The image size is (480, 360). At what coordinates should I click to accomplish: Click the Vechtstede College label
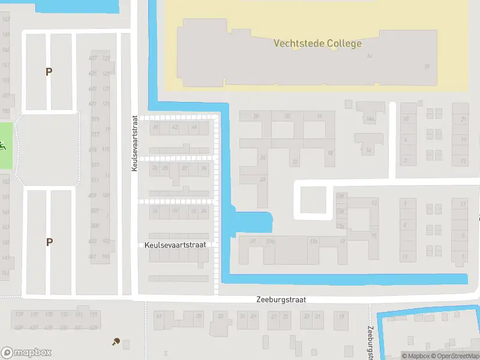(x=317, y=43)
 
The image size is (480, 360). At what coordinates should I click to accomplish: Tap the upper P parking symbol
(x=49, y=72)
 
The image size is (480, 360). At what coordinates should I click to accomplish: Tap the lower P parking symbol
(x=49, y=242)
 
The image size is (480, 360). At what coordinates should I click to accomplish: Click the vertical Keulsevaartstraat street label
(x=135, y=143)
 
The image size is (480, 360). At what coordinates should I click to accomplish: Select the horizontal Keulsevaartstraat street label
(x=175, y=245)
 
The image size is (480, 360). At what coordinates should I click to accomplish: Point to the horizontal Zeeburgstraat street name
(x=281, y=299)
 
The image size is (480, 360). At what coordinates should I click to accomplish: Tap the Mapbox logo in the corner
(x=26, y=353)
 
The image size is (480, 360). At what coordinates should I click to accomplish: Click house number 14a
(x=370, y=120)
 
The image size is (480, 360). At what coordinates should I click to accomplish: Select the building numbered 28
(x=256, y=116)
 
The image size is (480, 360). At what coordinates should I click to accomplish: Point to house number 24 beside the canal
(x=263, y=179)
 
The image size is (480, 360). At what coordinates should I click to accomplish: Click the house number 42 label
(x=175, y=127)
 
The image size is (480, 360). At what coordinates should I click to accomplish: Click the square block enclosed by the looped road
(x=313, y=200)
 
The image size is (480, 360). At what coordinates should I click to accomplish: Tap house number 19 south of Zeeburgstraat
(x=341, y=316)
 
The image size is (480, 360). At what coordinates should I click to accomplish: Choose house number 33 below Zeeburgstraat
(x=221, y=316)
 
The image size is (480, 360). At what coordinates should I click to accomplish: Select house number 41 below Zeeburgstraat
(x=159, y=316)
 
